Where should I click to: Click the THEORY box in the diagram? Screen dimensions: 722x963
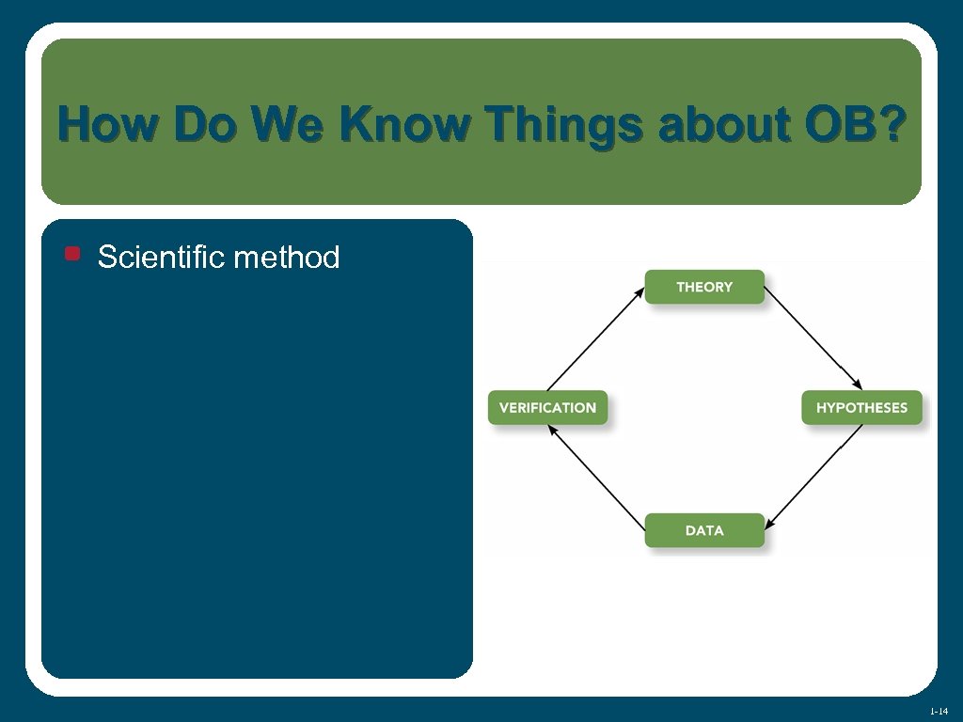pos(704,287)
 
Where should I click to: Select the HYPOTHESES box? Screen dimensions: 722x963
pos(861,408)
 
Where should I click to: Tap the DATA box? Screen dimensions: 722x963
pos(704,530)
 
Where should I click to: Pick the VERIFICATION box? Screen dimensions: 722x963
pos(547,408)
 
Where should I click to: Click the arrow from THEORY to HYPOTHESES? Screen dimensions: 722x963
pos(813,338)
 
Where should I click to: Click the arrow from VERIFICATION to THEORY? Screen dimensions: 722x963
pos(595,338)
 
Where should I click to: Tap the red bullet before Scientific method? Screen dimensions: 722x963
pos(72,254)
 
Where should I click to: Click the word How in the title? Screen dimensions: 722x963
pos(103,124)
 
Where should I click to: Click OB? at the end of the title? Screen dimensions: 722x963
pos(855,124)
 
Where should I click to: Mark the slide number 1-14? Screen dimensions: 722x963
pos(938,711)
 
